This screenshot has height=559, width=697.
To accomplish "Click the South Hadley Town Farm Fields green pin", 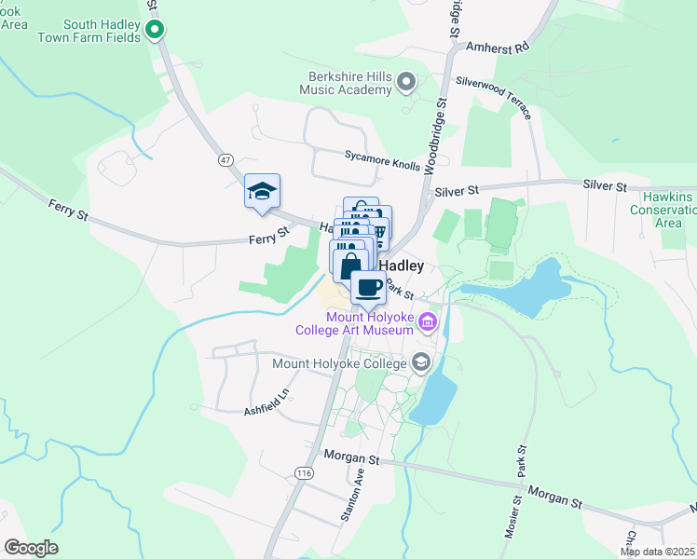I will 157,31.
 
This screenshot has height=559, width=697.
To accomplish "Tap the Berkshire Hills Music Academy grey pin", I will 405,84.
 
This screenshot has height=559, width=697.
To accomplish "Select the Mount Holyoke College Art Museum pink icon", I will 428,323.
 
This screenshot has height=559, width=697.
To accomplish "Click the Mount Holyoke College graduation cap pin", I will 421,362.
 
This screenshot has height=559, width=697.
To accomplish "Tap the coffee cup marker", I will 369,288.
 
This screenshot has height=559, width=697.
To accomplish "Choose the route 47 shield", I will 225,160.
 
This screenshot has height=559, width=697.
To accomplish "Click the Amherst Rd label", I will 497,47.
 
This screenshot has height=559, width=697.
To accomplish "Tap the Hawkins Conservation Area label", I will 667,210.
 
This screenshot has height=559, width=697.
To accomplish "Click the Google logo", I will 31,548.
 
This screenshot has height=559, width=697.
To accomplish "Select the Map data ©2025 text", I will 658,552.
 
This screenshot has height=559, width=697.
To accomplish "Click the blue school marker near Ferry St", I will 263,192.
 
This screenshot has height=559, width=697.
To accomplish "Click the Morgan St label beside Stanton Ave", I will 351,457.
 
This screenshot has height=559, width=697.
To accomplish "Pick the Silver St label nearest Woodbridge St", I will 457,190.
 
